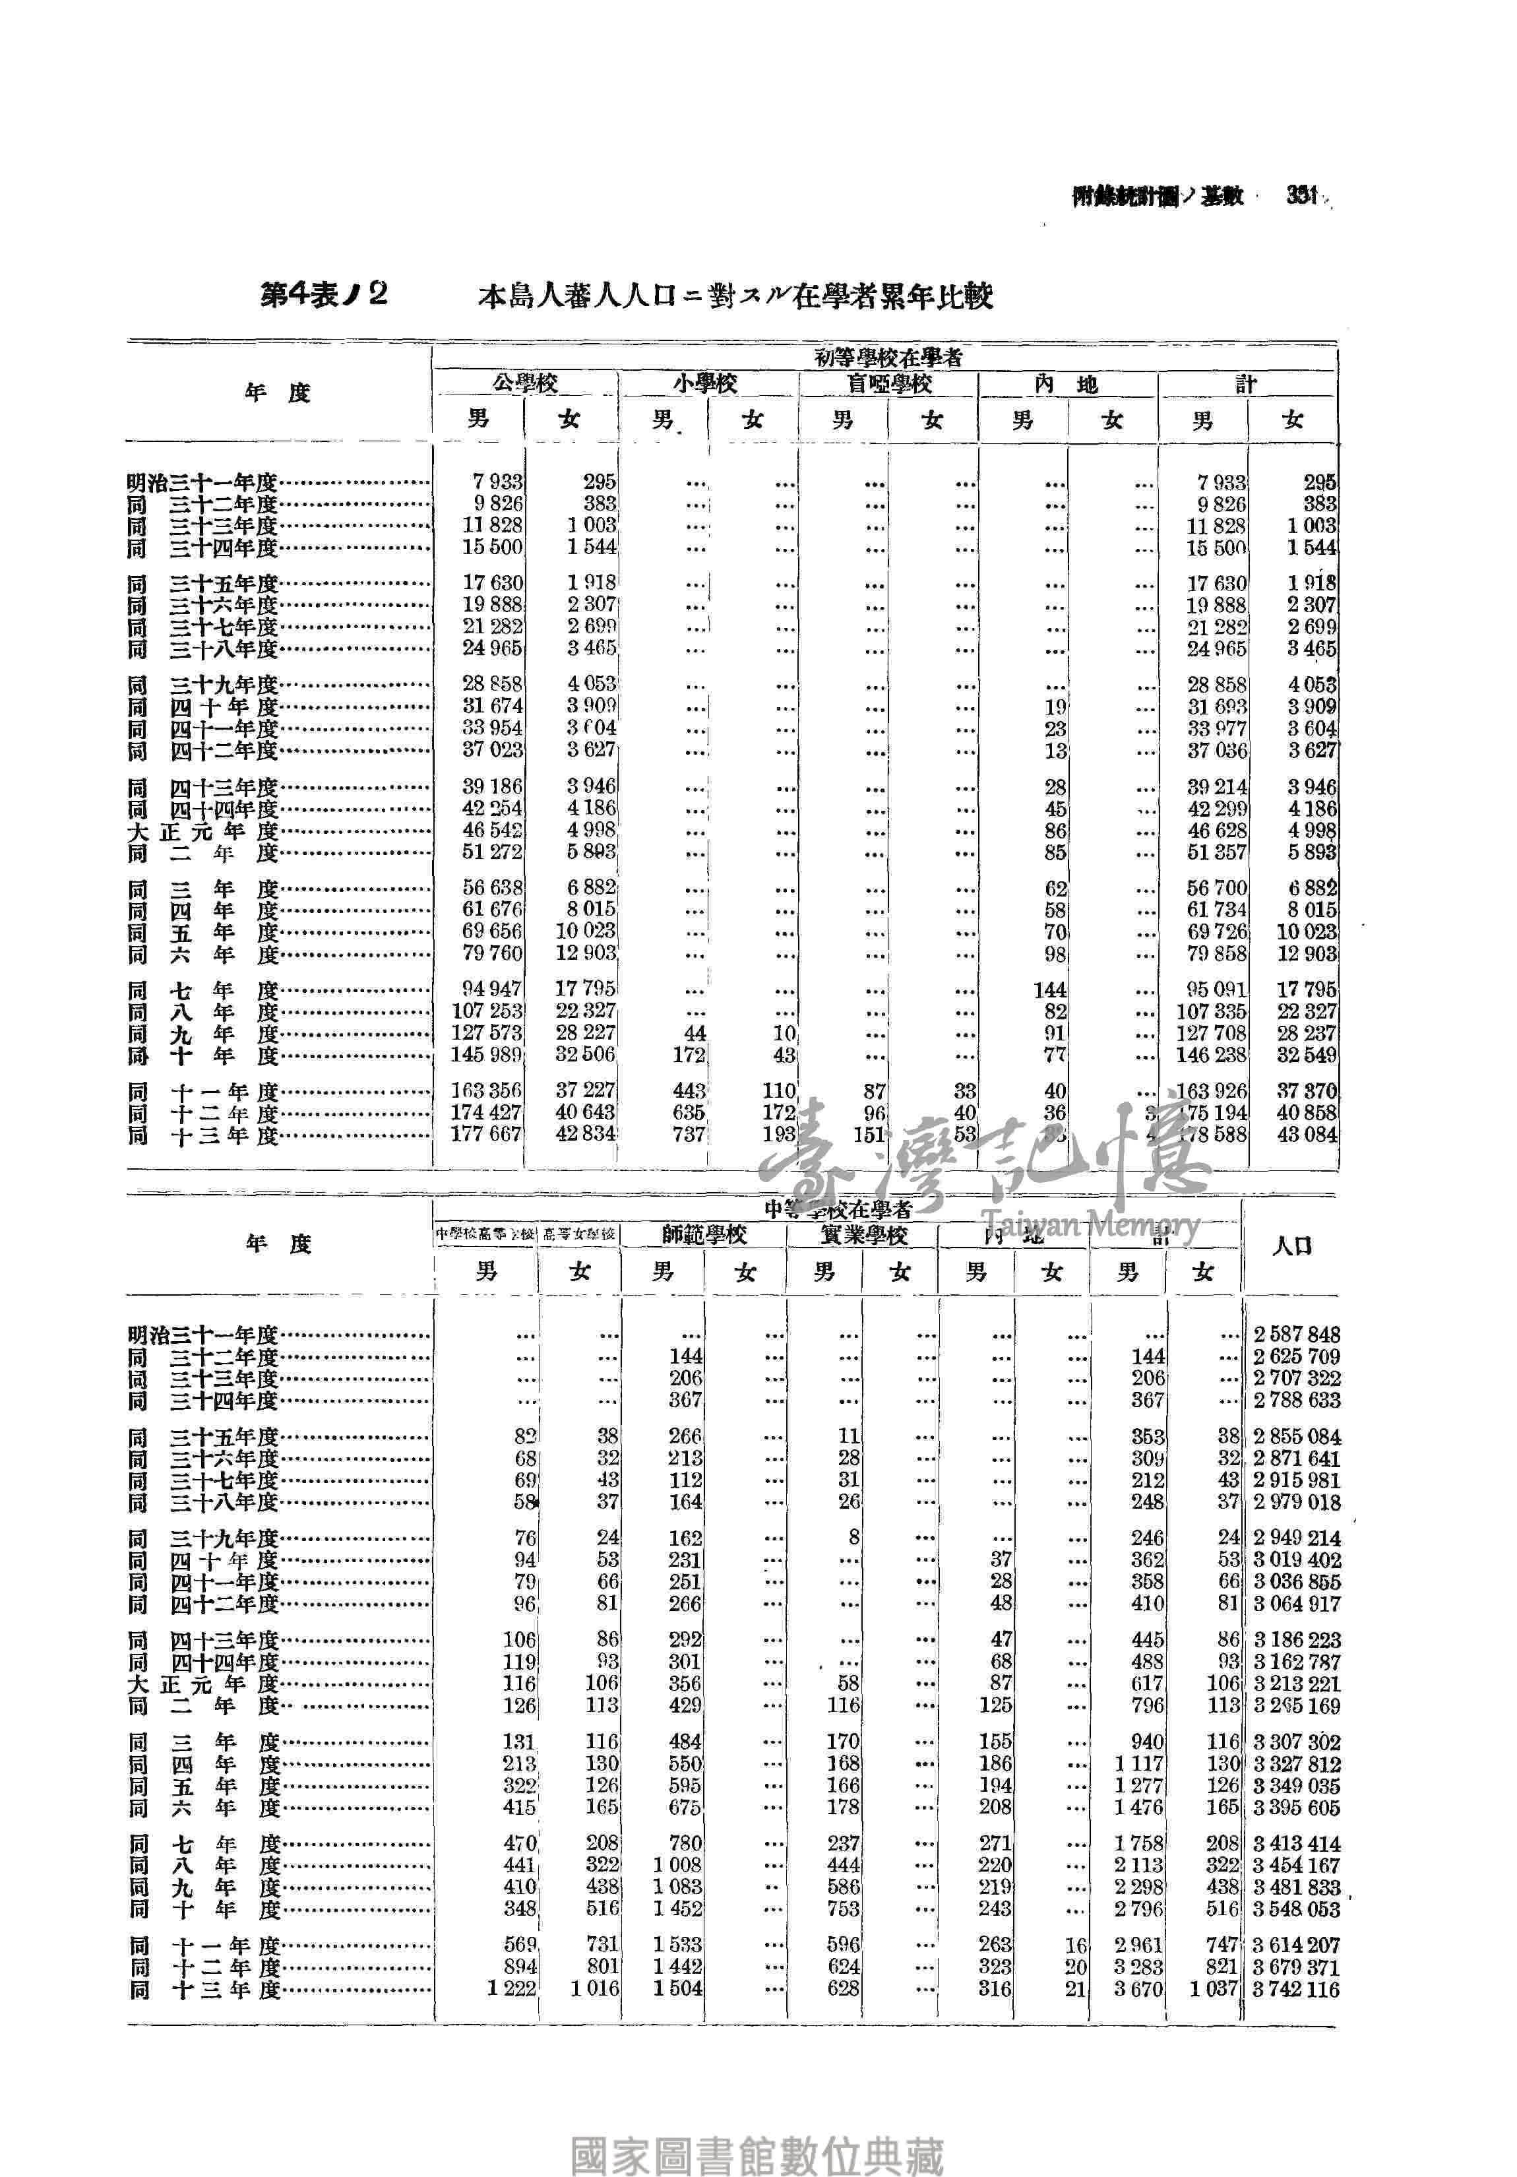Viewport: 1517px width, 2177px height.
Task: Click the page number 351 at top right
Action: tap(1302, 195)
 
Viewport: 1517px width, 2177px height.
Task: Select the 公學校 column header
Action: tap(524, 384)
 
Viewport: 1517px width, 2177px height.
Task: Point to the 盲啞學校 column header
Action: tap(888, 384)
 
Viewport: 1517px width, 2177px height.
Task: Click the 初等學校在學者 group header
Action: tap(888, 358)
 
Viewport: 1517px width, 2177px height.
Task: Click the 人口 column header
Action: tap(1291, 1246)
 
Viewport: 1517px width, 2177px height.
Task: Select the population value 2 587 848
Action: tap(1296, 1335)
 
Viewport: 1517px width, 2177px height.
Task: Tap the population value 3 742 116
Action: tap(1296, 1990)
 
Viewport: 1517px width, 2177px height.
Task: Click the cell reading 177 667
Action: tap(485, 1134)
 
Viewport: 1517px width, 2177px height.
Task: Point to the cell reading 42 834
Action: tap(585, 1134)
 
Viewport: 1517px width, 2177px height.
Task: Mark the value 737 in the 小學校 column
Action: tap(689, 1134)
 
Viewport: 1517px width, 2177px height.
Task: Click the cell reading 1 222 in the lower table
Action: tap(511, 1990)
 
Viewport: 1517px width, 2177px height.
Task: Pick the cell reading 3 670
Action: tap(1138, 1990)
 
